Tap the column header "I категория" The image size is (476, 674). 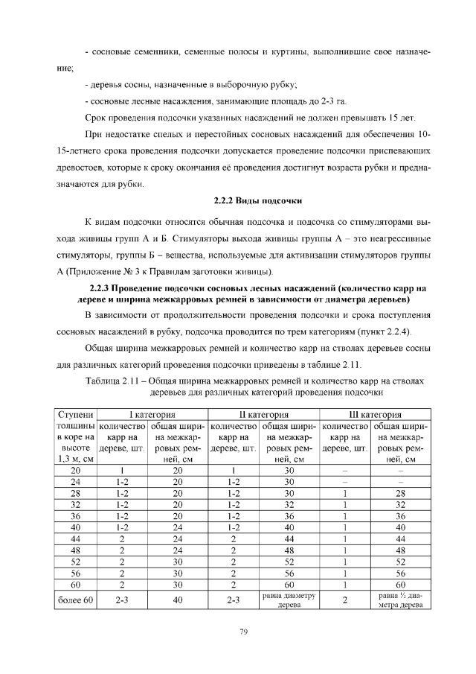tap(151, 415)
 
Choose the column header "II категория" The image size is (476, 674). tap(263, 415)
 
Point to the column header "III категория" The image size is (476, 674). tap(376, 415)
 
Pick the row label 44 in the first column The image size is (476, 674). tap(76, 538)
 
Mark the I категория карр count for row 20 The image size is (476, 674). tap(122, 471)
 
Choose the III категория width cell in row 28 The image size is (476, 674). tap(401, 494)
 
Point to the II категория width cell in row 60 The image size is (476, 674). tap(289, 585)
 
